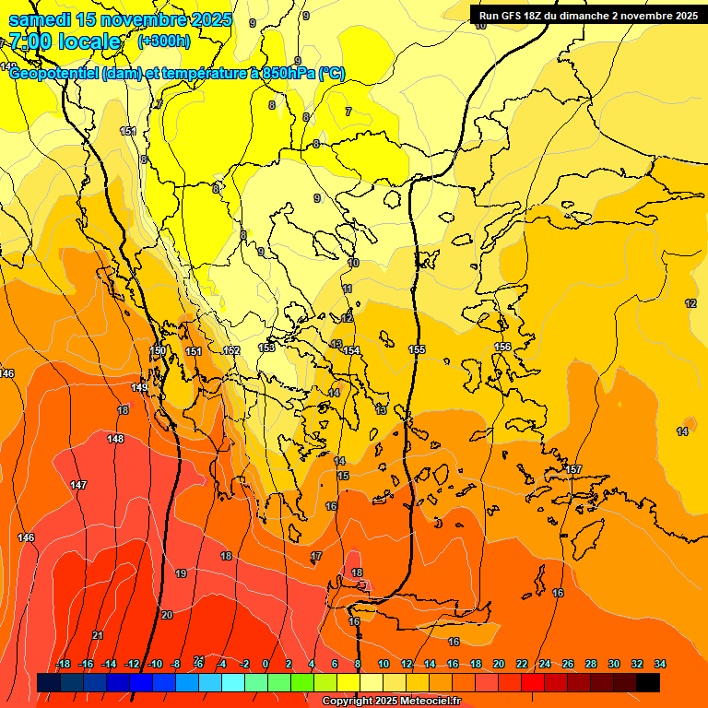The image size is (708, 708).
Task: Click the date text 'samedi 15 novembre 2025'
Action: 121,20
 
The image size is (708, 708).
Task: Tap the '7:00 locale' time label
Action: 65,41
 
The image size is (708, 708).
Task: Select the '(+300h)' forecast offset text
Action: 164,41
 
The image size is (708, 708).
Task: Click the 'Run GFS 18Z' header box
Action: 587,15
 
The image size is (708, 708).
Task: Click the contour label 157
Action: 573,470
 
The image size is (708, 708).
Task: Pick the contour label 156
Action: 502,347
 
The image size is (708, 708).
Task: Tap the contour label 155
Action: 417,349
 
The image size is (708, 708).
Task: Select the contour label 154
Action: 351,350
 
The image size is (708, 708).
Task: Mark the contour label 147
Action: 78,485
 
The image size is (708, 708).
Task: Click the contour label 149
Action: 139,388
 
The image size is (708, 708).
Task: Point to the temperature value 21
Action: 98,635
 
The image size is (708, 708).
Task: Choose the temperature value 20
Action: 167,615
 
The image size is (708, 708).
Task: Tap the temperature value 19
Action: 181,573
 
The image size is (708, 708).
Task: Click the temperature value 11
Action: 348,289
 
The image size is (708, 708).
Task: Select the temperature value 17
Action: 316,556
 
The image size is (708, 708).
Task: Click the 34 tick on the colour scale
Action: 660,664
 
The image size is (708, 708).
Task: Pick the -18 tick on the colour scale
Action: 63,664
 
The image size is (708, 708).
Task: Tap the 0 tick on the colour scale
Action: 265,664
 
